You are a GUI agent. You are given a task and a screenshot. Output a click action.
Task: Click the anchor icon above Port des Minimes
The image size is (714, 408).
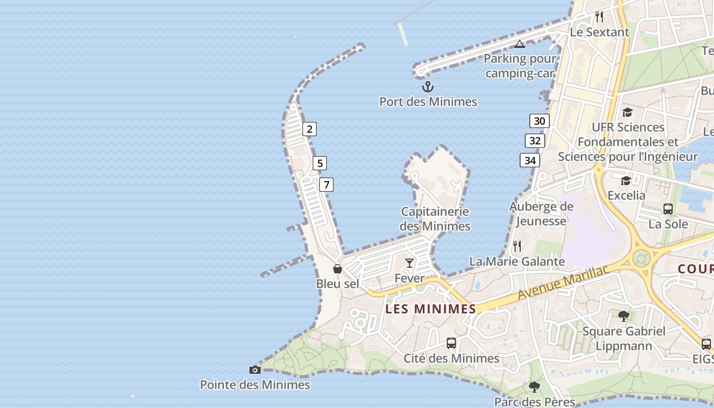tap(428, 86)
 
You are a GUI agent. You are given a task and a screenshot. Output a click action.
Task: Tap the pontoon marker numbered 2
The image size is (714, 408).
tap(310, 129)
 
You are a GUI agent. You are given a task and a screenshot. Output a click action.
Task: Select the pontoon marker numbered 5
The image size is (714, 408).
tap(320, 163)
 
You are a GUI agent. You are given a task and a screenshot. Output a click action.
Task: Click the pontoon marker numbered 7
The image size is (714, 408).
tap(326, 185)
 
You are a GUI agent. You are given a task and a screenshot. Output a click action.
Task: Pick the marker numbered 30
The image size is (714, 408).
tap(540, 121)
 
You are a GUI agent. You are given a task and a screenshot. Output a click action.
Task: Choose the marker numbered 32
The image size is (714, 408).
tap(535, 141)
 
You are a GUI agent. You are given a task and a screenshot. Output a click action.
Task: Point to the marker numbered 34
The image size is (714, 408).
tap(530, 160)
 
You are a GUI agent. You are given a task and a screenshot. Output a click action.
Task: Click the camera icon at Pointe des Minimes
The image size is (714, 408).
tap(255, 370)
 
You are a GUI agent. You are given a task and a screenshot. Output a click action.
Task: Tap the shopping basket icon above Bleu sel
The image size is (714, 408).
tap(338, 268)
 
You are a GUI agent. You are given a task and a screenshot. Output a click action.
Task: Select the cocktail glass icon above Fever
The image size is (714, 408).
tap(410, 263)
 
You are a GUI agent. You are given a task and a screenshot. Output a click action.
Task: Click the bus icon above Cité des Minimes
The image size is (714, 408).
tap(451, 343)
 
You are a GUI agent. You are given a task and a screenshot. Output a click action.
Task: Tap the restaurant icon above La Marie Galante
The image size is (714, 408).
tap(517, 246)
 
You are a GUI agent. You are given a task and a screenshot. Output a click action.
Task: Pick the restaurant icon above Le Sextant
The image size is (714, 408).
tap(599, 17)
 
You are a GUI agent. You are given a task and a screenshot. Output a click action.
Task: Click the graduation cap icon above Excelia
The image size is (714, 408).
tap(626, 181)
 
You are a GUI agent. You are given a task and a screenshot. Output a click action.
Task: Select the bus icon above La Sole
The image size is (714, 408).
tap(668, 209)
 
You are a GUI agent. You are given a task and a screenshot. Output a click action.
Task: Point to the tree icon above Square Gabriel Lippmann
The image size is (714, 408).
tap(624, 316)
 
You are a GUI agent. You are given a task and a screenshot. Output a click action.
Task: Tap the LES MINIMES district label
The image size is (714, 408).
tap(431, 309)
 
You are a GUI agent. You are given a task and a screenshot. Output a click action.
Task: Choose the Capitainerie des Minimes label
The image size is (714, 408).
tap(435, 218)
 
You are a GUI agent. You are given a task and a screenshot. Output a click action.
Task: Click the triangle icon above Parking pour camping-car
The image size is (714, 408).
tap(520, 44)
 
